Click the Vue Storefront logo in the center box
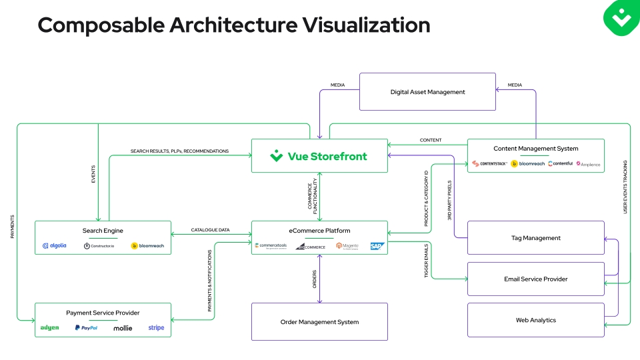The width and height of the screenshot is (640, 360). (319, 156)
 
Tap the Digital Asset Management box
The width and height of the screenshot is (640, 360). (427, 92)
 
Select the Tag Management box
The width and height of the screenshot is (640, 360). (536, 238)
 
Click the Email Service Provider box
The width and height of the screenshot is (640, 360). (536, 279)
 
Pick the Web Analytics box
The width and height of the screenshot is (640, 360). (536, 320)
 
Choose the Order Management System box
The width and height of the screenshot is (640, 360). (319, 322)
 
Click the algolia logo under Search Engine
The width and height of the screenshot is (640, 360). (55, 246)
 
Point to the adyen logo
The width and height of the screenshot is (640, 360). (49, 328)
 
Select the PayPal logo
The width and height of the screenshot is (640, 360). (87, 328)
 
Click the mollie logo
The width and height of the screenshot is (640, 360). (123, 328)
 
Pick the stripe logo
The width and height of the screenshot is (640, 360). (156, 328)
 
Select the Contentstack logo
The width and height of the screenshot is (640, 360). (490, 163)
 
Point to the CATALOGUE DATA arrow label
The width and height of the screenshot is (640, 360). (210, 230)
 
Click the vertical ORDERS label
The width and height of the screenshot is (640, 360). (315, 279)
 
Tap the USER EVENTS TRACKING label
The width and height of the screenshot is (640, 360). (625, 187)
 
